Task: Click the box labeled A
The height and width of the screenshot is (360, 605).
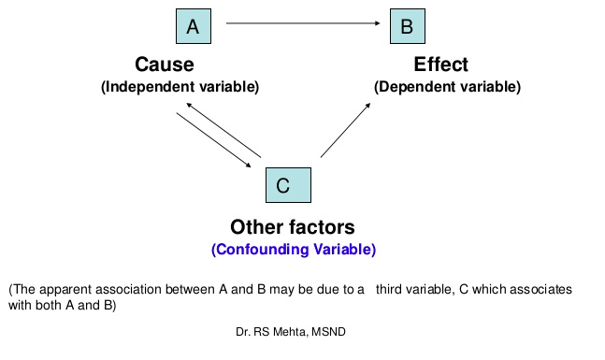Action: coord(193,26)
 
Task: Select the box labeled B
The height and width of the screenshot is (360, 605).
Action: coord(407,26)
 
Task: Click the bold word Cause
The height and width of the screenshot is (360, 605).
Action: coord(165,65)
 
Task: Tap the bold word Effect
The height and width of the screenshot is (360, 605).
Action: coord(441,65)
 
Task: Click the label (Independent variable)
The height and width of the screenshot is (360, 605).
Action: coord(180,86)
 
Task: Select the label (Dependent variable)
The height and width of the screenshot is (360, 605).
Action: coord(447,86)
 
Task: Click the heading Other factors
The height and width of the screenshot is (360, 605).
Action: coord(293,227)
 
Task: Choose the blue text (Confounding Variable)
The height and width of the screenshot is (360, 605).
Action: coord(294,250)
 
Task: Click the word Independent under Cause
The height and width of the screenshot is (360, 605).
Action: coord(148,86)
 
